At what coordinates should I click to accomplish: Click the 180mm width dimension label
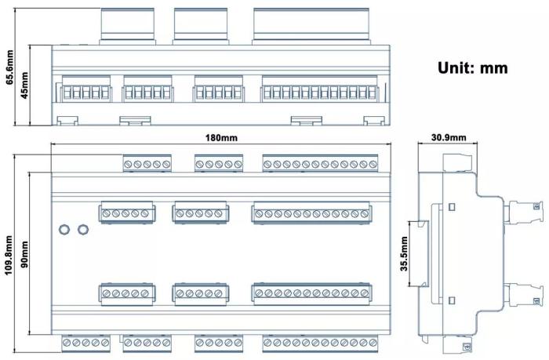tap(221, 138)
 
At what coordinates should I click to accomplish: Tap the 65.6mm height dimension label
tap(9, 67)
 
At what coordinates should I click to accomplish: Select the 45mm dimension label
tap(24, 85)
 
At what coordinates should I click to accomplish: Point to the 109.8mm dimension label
tap(9, 255)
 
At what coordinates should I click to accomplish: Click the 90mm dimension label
tap(24, 255)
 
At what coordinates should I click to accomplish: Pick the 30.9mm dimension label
tap(449, 137)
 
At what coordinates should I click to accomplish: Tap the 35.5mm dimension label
tap(405, 254)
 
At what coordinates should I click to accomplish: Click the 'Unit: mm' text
tap(473, 67)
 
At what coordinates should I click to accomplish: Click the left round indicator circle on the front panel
tap(64, 230)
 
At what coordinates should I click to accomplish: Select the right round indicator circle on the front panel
tap(83, 230)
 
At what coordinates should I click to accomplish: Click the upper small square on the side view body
tap(452, 207)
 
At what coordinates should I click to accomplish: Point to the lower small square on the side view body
tap(452, 300)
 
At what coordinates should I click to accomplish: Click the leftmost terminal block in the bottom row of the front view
tap(85, 344)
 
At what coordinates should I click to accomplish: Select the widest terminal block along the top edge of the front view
tap(320, 163)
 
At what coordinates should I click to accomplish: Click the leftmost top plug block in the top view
tap(127, 26)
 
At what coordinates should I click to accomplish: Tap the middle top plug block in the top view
tap(201, 26)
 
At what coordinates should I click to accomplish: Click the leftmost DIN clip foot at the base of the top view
tap(67, 121)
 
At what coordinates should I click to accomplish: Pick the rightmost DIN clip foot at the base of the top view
tap(374, 121)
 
